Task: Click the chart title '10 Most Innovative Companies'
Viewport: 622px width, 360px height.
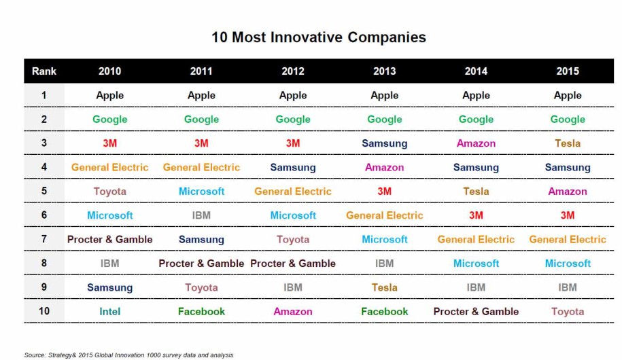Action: click(318, 37)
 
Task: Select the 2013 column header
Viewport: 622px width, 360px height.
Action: click(385, 71)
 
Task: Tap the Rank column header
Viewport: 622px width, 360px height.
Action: click(44, 71)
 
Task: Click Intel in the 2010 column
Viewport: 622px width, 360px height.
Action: click(109, 312)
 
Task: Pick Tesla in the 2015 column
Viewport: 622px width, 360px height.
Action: click(568, 143)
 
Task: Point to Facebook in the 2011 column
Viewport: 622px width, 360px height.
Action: click(201, 312)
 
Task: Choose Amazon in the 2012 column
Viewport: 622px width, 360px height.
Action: click(293, 312)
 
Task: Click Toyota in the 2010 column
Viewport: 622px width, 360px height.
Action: click(109, 192)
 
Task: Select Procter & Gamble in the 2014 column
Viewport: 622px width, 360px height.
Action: click(476, 312)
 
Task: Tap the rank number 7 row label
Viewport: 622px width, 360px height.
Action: click(44, 239)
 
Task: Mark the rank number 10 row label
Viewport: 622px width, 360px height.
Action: click(44, 311)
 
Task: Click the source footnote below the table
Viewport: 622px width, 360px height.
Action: click(128, 355)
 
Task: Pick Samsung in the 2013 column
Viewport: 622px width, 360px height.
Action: click(385, 143)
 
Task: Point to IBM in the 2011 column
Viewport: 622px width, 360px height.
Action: click(201, 215)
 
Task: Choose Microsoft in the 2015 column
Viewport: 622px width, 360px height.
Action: click(568, 264)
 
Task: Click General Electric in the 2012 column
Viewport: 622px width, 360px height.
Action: click(293, 192)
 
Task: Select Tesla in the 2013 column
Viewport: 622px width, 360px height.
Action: click(385, 287)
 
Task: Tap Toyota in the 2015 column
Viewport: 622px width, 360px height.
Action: click(568, 312)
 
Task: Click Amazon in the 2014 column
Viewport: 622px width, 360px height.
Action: click(476, 143)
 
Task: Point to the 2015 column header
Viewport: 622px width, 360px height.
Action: click(568, 71)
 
